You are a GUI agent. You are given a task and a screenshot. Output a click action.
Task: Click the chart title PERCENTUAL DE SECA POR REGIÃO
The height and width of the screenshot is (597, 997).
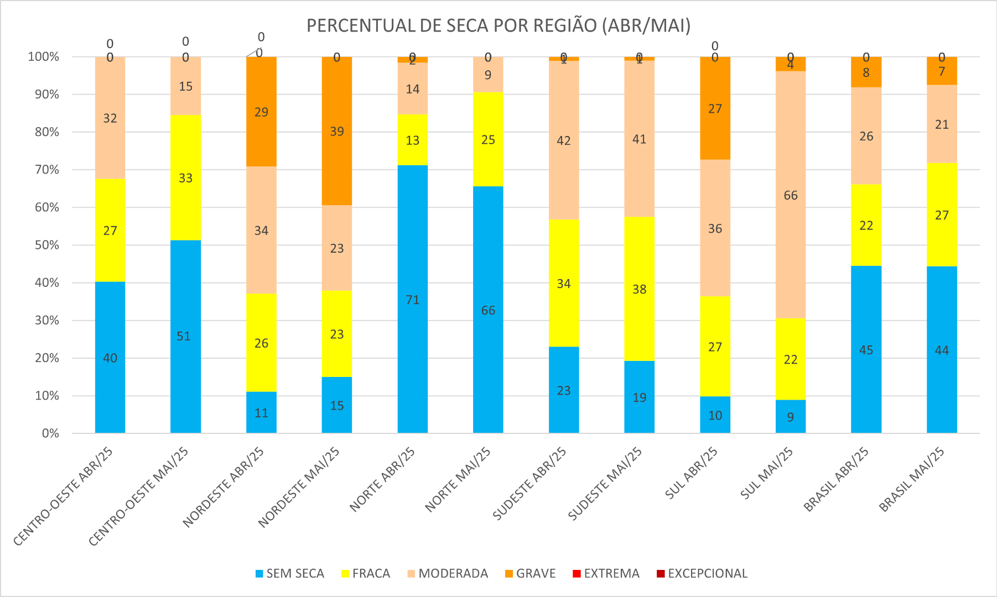pos(498,26)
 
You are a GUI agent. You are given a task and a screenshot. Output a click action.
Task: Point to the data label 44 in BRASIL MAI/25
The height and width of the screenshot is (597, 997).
pos(942,350)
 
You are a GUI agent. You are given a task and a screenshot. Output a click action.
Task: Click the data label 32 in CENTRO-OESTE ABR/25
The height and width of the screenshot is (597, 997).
pos(110,118)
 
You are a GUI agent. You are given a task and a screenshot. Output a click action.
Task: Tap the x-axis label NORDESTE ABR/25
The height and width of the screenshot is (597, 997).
pos(224,486)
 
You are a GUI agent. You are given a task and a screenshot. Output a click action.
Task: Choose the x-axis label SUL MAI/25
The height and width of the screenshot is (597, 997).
pos(767,473)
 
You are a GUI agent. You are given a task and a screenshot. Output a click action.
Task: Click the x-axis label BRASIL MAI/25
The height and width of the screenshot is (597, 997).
pos(912,479)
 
